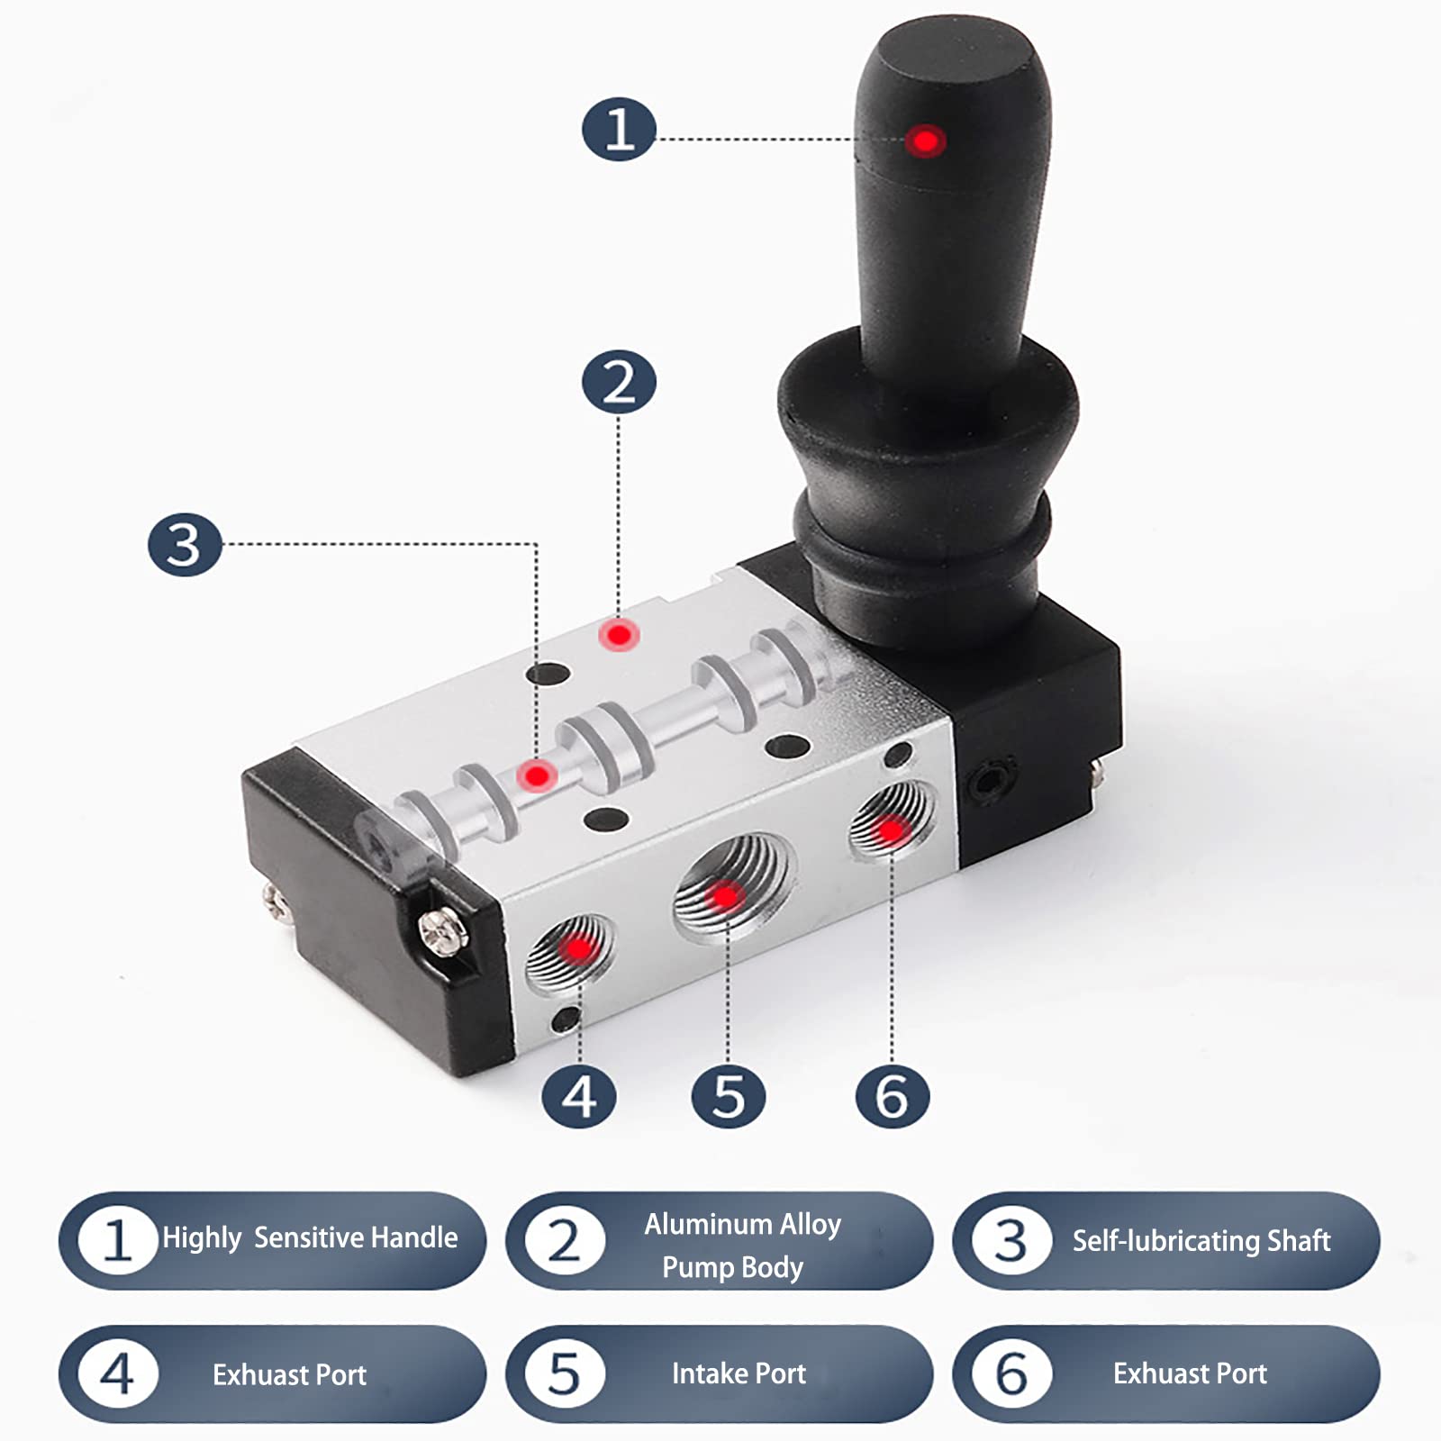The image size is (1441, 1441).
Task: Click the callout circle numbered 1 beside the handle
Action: pyautogui.click(x=619, y=130)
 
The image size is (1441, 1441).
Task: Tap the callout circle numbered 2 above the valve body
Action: pyautogui.click(x=619, y=382)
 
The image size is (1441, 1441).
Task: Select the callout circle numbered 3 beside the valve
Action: pyautogui.click(x=185, y=545)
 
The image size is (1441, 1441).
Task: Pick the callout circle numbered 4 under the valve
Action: pyautogui.click(x=579, y=1097)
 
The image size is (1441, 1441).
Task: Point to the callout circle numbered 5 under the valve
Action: pyautogui.click(x=729, y=1097)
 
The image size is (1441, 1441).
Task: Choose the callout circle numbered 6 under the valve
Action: pyautogui.click(x=892, y=1097)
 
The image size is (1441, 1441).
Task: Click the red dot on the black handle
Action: pyautogui.click(x=925, y=141)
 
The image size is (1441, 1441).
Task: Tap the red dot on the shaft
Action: pyautogui.click(x=538, y=775)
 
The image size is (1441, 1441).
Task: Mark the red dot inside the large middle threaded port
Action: pyautogui.click(x=725, y=895)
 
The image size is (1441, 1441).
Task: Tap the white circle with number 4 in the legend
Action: pyautogui.click(x=118, y=1374)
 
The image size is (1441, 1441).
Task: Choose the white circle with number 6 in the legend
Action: pyautogui.click(x=1011, y=1374)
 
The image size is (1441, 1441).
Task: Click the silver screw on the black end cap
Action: pyautogui.click(x=442, y=928)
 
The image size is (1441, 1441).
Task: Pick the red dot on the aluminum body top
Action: pyautogui.click(x=619, y=635)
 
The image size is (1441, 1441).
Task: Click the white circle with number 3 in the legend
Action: pyautogui.click(x=1011, y=1241)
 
